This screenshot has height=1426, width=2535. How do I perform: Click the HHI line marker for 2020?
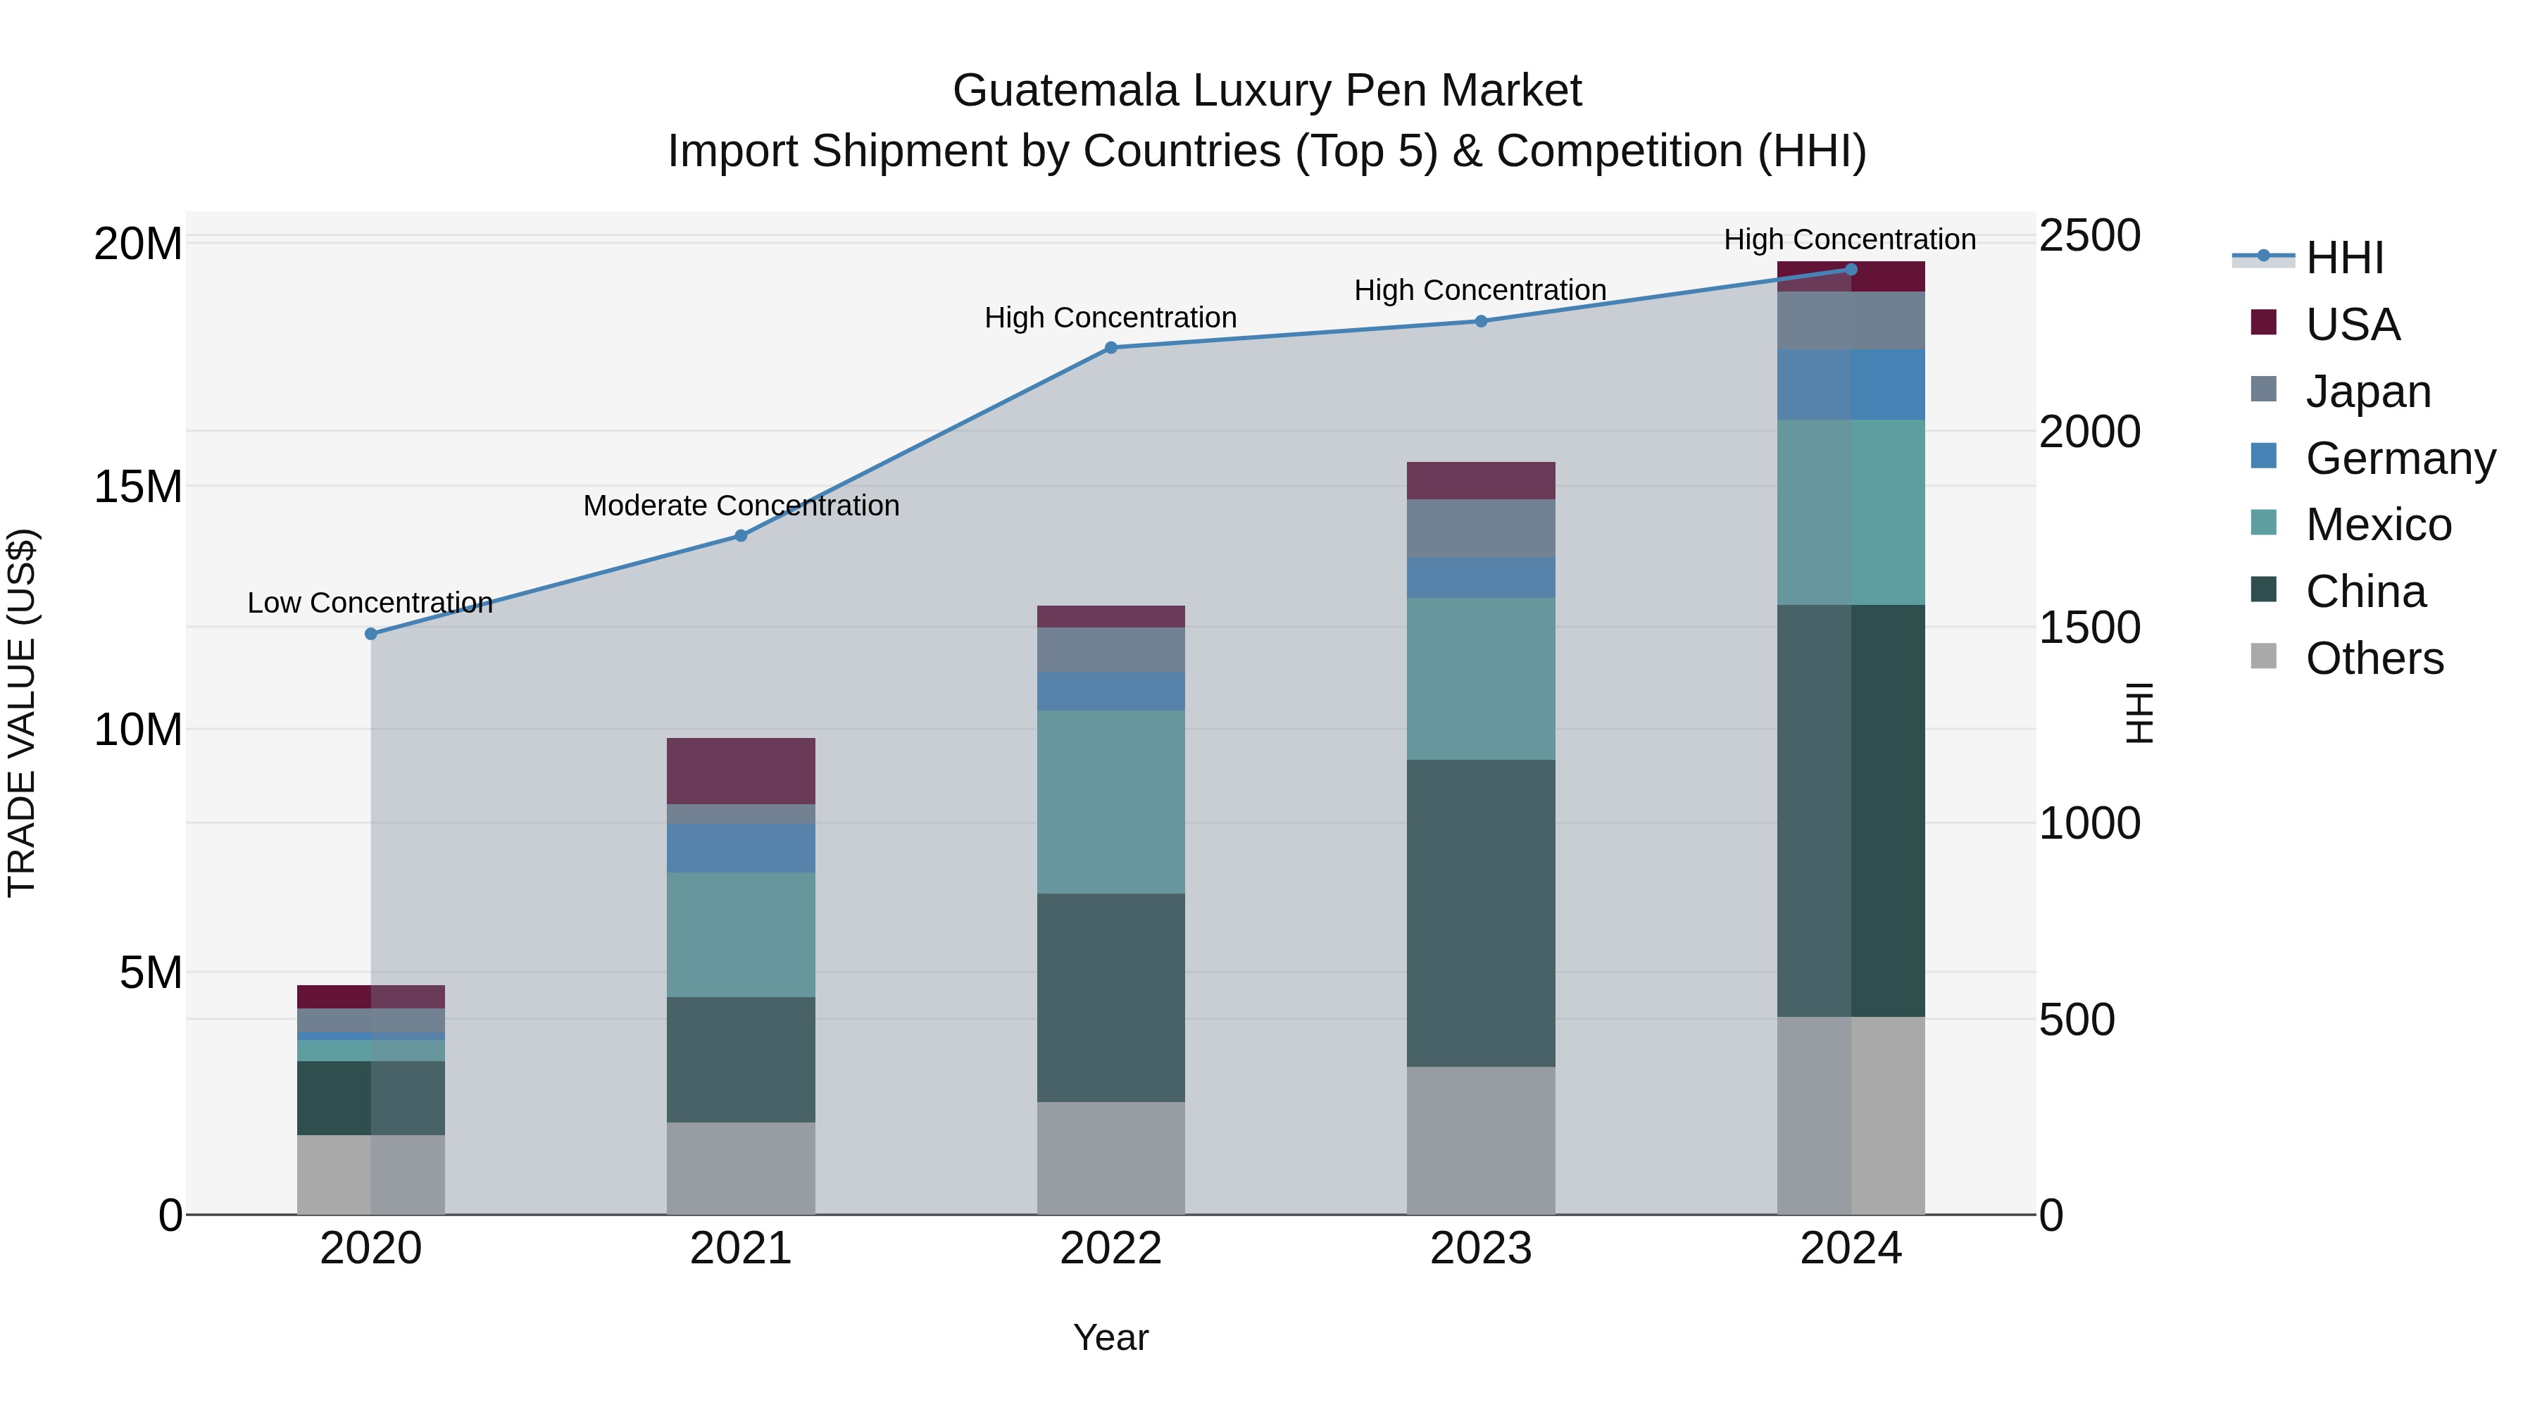[x=371, y=634]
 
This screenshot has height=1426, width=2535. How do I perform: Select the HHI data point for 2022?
[x=1111, y=347]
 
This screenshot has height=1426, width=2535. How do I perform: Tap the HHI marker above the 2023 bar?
[x=1481, y=321]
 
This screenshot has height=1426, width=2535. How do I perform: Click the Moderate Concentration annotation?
[x=741, y=505]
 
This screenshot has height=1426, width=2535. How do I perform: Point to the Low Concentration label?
[x=370, y=602]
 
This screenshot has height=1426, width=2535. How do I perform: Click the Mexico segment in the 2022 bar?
[x=1111, y=801]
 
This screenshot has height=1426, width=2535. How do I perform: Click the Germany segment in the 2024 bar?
[x=1851, y=384]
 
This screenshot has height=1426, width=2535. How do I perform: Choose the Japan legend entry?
[x=2367, y=391]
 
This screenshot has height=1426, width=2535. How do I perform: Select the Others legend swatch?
[x=2263, y=656]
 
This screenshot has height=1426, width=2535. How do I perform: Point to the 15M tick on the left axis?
[x=138, y=486]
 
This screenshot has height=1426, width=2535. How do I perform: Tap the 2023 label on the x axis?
[x=1481, y=1248]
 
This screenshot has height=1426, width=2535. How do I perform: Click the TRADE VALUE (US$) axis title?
[x=22, y=713]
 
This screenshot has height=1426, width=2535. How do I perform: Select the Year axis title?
[x=1111, y=1337]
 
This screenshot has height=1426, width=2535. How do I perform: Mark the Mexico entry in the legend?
[x=2377, y=525]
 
